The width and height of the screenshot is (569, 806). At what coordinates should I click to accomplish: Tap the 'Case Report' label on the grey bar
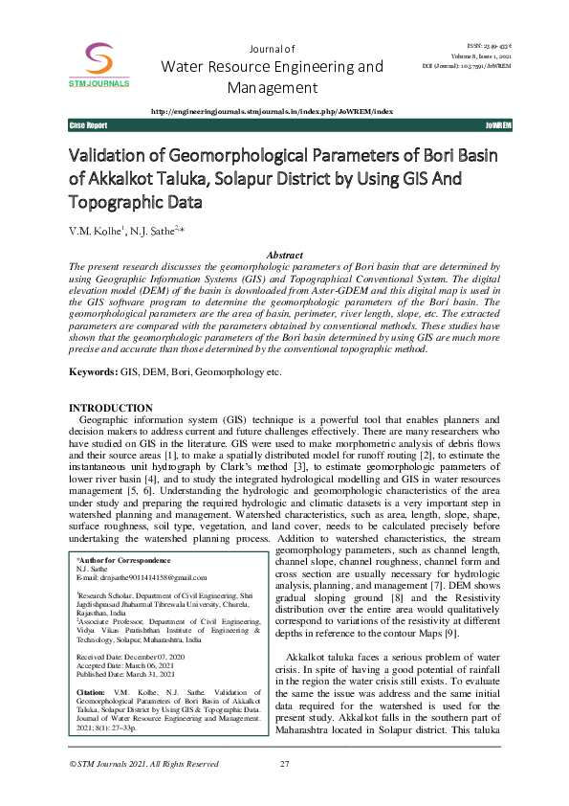pyautogui.click(x=88, y=126)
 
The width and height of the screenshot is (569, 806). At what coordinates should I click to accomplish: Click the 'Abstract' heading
pyautogui.click(x=284, y=256)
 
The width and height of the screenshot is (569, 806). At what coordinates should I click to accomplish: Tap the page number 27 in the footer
pyautogui.click(x=284, y=791)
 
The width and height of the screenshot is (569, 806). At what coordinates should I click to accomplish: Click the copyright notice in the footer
pyautogui.click(x=144, y=791)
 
